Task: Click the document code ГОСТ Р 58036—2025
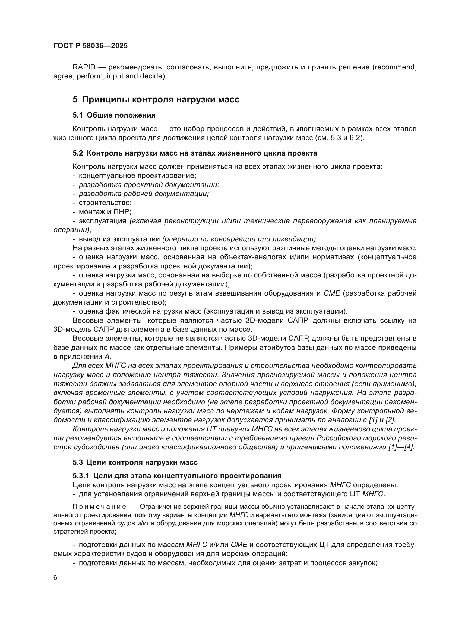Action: click(90, 46)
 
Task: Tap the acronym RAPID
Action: click(84, 67)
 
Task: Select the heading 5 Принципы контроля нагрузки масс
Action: click(156, 100)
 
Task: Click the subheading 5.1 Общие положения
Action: click(114, 115)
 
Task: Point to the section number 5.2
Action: click(78, 153)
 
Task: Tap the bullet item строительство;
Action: click(105, 203)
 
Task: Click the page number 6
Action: click(55, 578)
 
